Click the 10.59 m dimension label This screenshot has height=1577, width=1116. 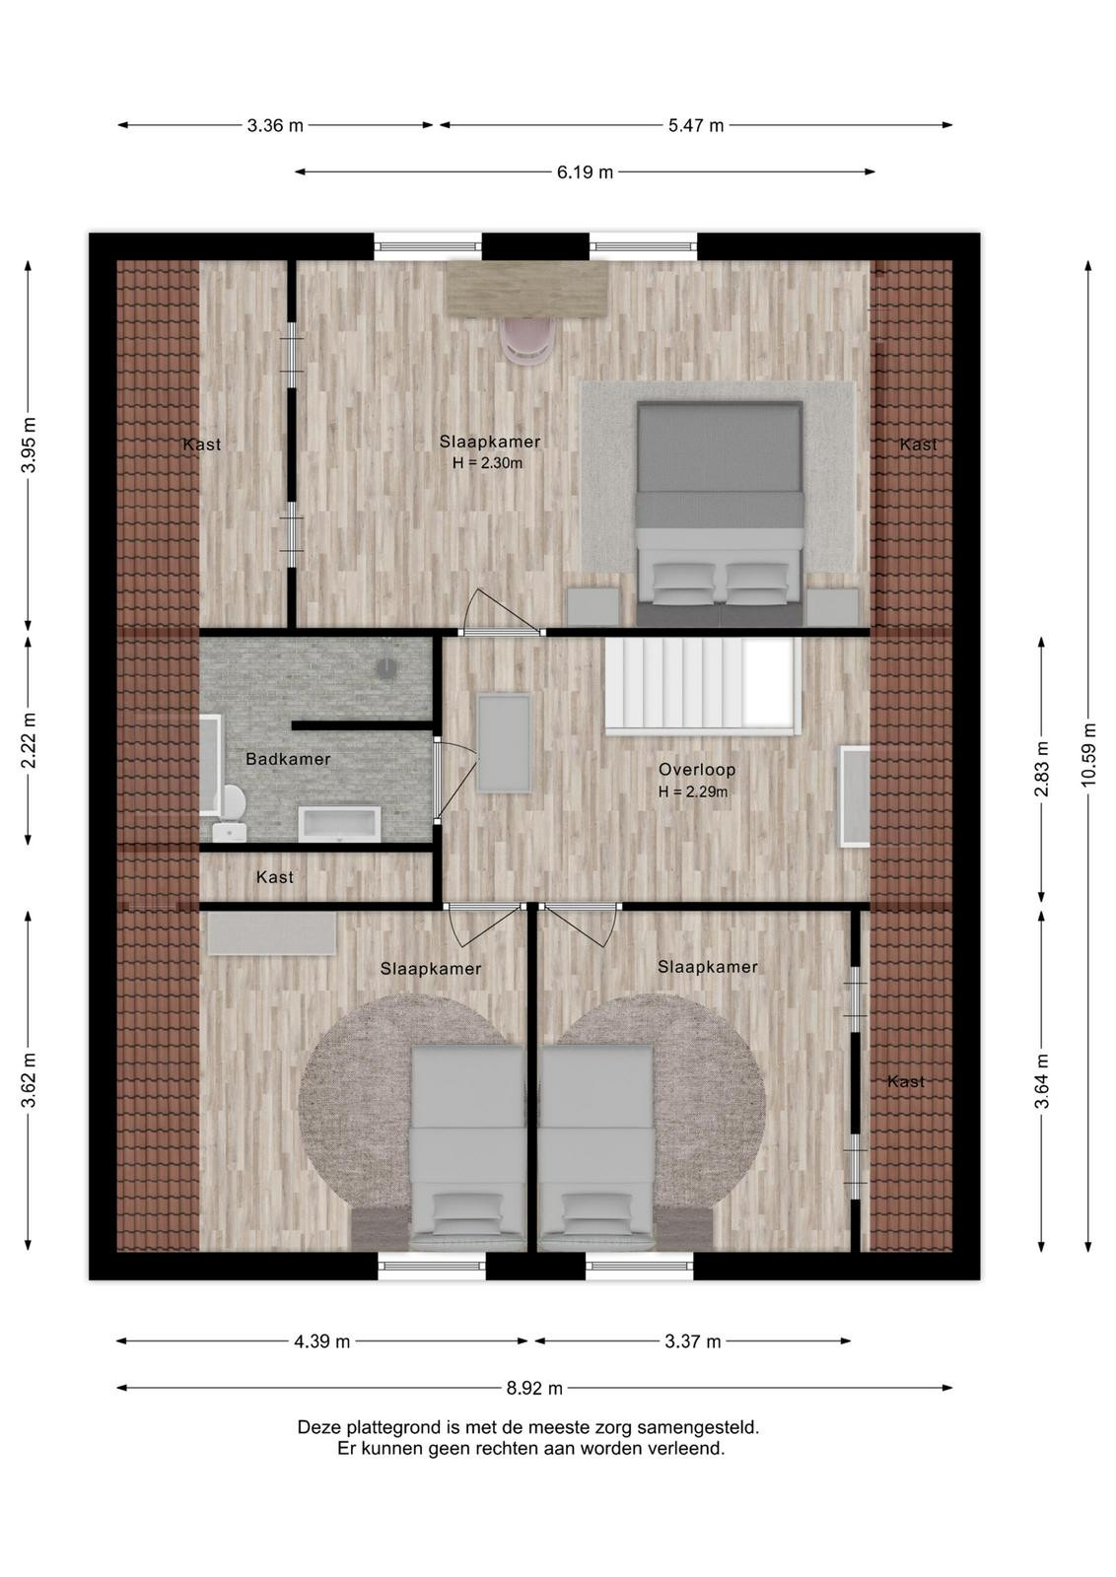[1089, 754]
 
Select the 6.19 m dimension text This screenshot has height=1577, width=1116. [585, 171]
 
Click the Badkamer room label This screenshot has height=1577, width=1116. [288, 759]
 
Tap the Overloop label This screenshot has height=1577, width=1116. [697, 770]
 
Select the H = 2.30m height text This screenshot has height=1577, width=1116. [487, 463]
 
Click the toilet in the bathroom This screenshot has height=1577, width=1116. [231, 813]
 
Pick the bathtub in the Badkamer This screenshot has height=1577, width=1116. [339, 824]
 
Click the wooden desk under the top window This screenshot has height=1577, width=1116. [527, 289]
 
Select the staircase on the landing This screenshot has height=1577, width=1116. [703, 687]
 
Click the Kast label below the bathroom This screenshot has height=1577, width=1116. [275, 877]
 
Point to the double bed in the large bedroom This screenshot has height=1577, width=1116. [720, 514]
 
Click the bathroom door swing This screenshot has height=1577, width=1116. [457, 779]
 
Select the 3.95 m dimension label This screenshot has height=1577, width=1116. [29, 446]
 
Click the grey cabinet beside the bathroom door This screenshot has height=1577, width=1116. [504, 743]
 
